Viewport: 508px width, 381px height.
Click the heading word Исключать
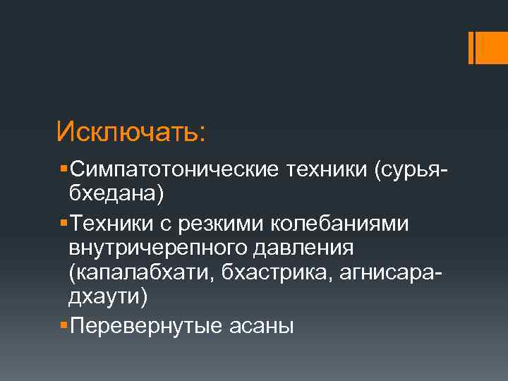131,131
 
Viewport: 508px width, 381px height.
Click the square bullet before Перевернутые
64,324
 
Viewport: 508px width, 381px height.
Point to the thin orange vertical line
471,48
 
